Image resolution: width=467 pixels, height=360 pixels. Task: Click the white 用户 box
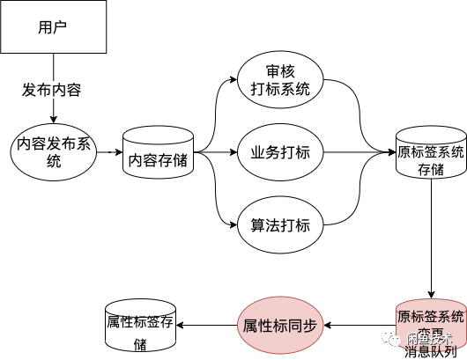point(53,26)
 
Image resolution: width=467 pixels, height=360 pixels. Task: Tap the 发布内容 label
point(52,90)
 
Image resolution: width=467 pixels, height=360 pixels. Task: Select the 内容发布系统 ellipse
point(54,152)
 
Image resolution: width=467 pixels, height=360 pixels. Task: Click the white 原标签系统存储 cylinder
point(431,155)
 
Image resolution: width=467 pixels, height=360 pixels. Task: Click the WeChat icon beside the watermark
point(389,337)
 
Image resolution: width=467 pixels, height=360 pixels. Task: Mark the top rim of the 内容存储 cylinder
point(159,135)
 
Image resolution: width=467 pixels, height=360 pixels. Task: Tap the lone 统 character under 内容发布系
point(54,162)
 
